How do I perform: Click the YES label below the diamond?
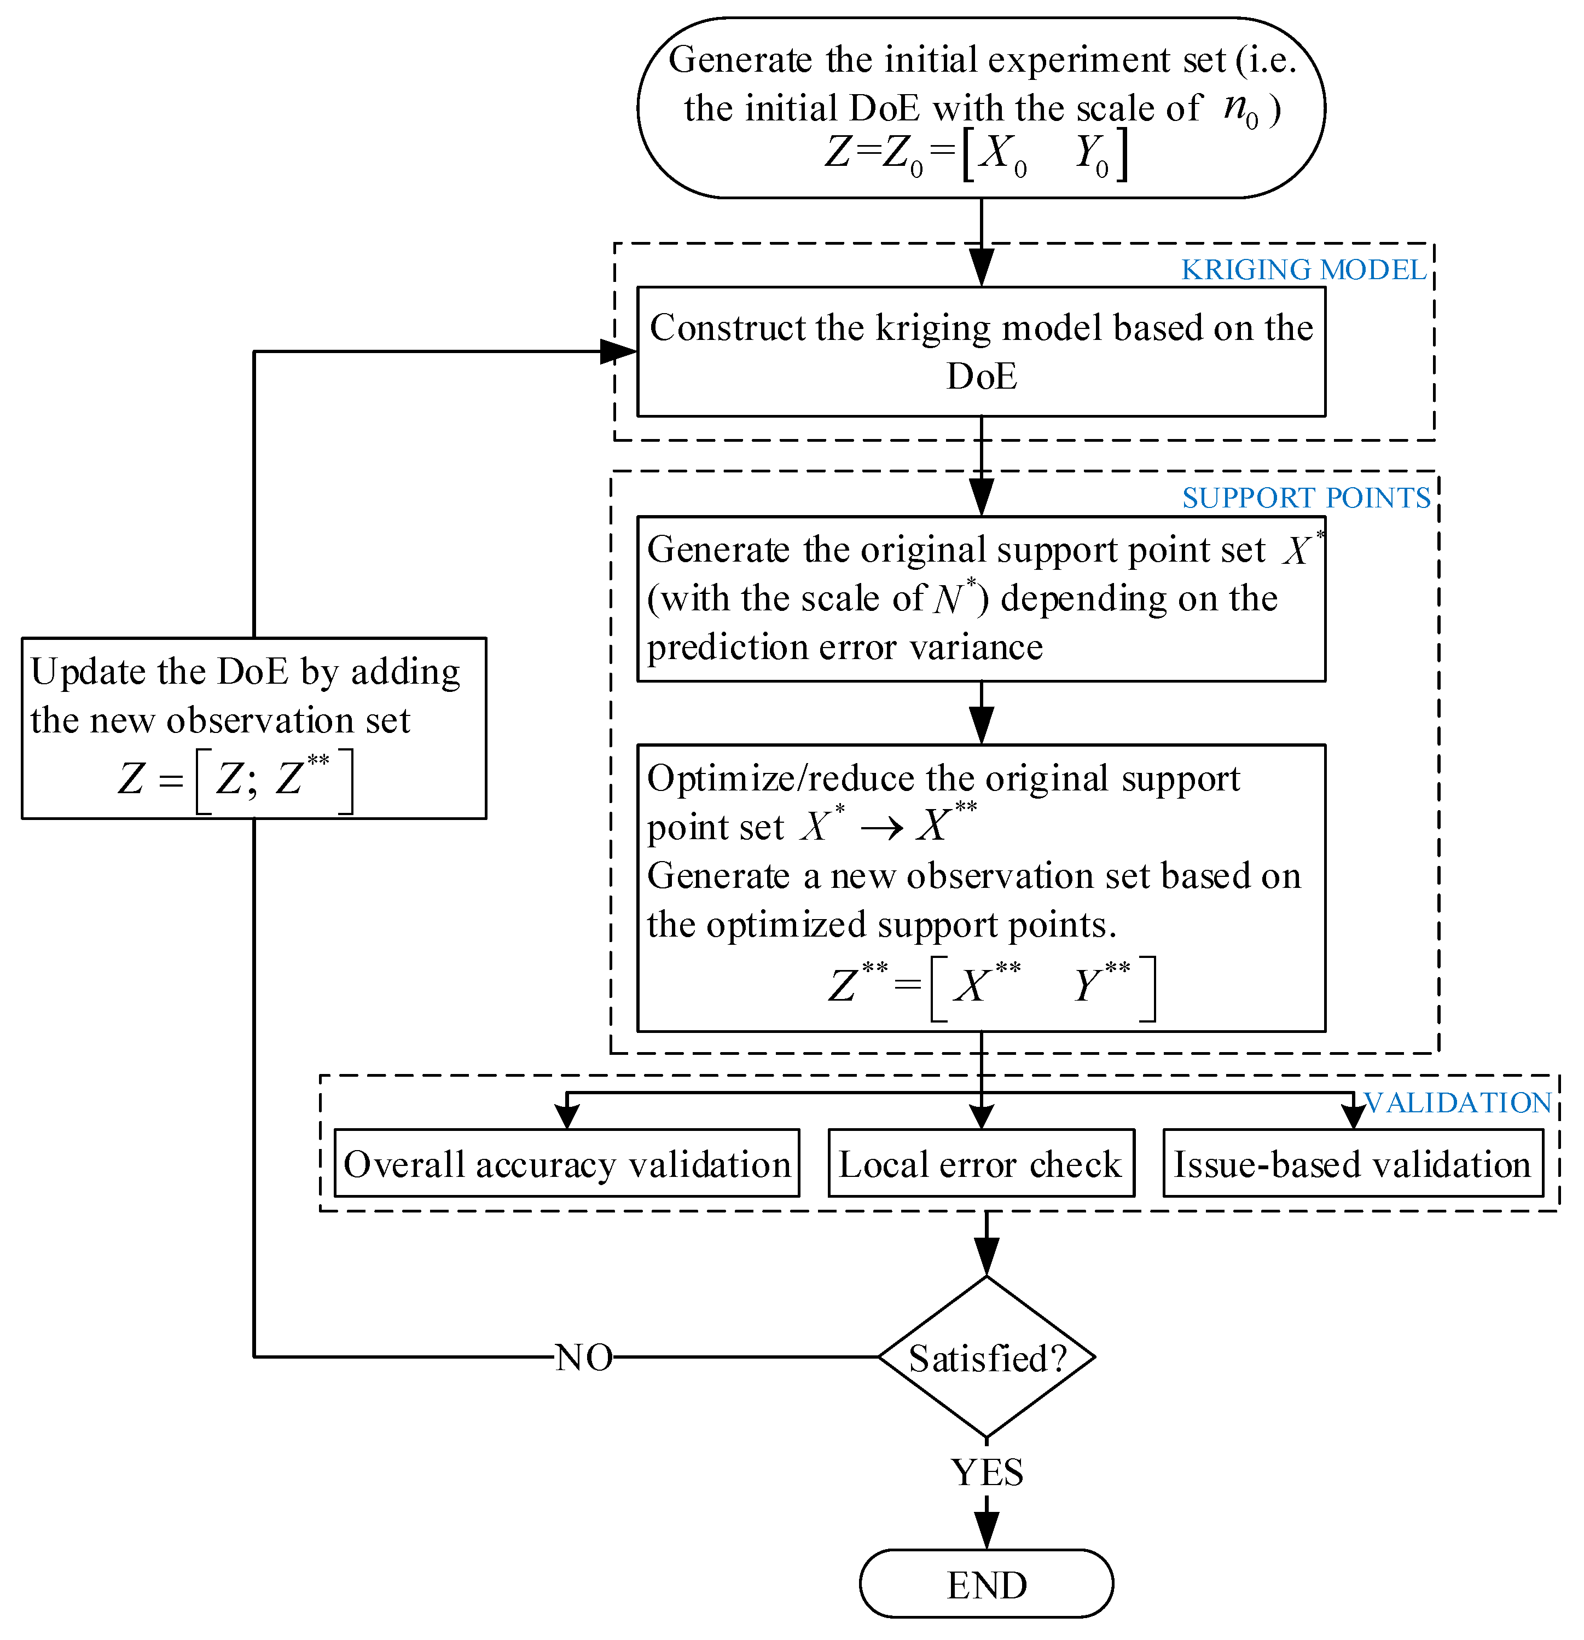(x=987, y=1472)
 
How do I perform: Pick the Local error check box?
(x=980, y=1164)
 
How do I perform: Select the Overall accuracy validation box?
(x=566, y=1164)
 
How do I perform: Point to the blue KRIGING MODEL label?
(x=1303, y=269)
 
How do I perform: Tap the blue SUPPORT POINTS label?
(x=1306, y=498)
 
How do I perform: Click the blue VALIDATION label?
(x=1458, y=1103)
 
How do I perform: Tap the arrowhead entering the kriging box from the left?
(x=619, y=351)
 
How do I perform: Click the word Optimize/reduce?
(x=780, y=779)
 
